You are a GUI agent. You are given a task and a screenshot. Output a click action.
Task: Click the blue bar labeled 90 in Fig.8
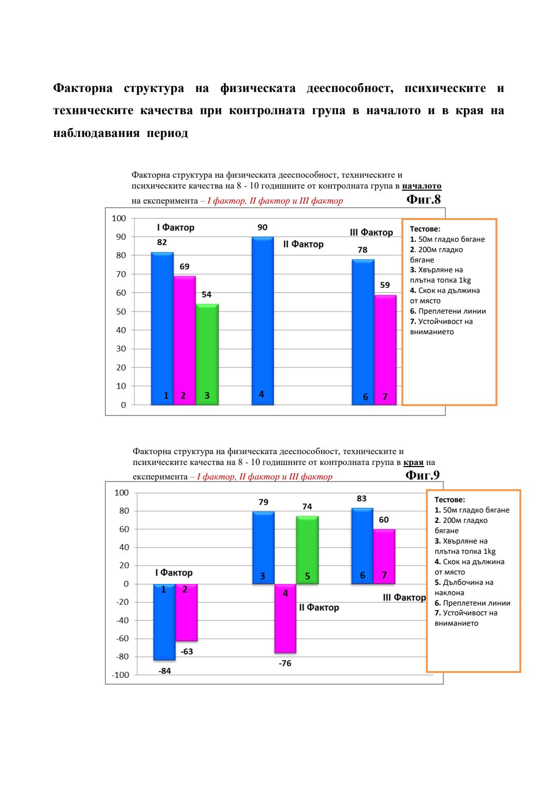coord(262,320)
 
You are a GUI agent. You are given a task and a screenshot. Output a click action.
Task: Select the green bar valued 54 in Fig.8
coord(207,354)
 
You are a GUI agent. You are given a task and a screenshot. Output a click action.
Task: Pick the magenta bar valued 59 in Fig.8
coord(385,349)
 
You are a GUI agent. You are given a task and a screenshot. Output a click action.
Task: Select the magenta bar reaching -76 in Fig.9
coord(285,618)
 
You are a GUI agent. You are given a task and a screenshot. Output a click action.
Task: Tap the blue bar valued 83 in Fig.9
coord(362,546)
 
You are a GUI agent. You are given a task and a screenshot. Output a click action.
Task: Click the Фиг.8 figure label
coord(423,199)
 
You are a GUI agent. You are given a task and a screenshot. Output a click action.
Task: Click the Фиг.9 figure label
coord(422,475)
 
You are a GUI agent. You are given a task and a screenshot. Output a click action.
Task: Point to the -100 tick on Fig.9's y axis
coord(120,675)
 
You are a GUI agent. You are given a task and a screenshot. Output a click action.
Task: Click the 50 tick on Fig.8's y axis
coord(121,312)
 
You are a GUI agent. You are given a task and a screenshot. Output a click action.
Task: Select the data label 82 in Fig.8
coord(162,242)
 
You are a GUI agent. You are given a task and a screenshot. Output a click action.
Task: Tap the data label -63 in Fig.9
coord(187,652)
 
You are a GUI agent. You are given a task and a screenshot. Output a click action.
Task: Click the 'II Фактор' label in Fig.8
coord(303,244)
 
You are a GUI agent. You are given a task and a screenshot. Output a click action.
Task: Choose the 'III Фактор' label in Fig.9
coord(404,597)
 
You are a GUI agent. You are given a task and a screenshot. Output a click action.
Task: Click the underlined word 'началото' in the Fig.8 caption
coord(422,186)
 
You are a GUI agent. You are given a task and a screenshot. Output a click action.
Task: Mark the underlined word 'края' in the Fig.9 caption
coord(413,462)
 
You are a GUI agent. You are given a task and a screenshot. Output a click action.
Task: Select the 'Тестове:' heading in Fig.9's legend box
coord(450,500)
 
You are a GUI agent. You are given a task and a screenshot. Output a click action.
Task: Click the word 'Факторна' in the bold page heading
coord(83,88)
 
